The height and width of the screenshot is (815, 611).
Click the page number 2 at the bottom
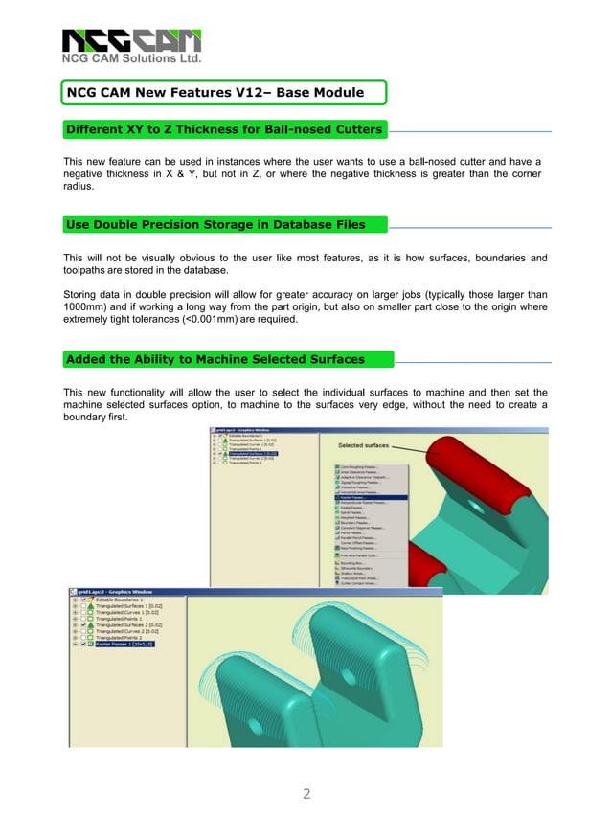click(x=306, y=793)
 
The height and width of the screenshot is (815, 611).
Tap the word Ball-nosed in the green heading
click(x=291, y=129)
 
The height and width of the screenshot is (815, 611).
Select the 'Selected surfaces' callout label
click(x=363, y=445)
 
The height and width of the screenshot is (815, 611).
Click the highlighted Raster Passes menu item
click(x=355, y=498)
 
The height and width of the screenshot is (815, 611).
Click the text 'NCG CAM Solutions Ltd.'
click(x=131, y=58)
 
